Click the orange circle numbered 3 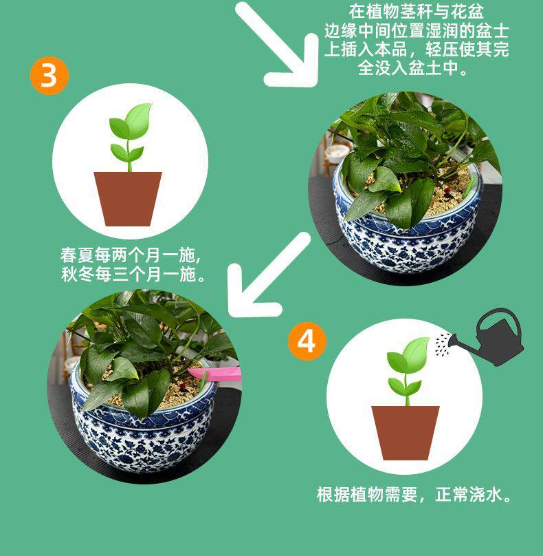point(49,76)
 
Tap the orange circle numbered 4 point(307,341)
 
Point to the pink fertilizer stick point(214,374)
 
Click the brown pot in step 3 point(128,199)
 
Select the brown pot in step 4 point(406,433)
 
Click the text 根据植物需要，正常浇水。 point(414,494)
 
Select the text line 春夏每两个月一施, point(131,255)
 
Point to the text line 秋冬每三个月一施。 point(133,274)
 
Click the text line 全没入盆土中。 point(413,67)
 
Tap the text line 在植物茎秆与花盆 point(417,11)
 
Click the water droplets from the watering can point(443,345)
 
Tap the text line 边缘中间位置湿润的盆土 point(417,30)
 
